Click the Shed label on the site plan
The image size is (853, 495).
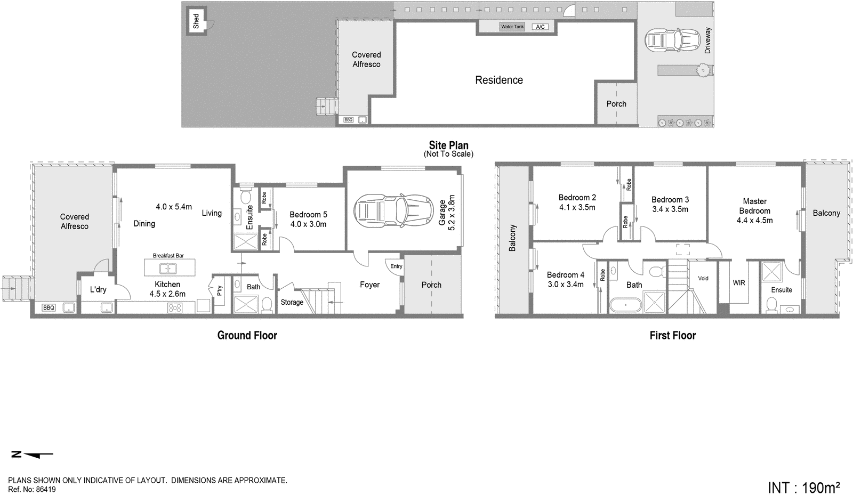196,21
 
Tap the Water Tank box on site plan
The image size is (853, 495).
512,27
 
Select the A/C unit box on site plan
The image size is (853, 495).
540,27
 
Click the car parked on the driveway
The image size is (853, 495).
672,40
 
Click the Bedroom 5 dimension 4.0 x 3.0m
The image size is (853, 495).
308,224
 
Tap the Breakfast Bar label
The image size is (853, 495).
168,256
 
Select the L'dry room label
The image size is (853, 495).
98,290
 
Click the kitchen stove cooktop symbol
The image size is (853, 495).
175,307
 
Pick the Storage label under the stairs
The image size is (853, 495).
292,302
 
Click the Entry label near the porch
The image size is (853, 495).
396,266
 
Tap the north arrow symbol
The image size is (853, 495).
32,455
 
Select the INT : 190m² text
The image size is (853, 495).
803,487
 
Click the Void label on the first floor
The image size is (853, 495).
703,278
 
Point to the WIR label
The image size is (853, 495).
738,283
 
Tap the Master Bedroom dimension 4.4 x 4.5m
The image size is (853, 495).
754,220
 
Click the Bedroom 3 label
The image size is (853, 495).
670,200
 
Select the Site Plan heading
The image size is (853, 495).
448,145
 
